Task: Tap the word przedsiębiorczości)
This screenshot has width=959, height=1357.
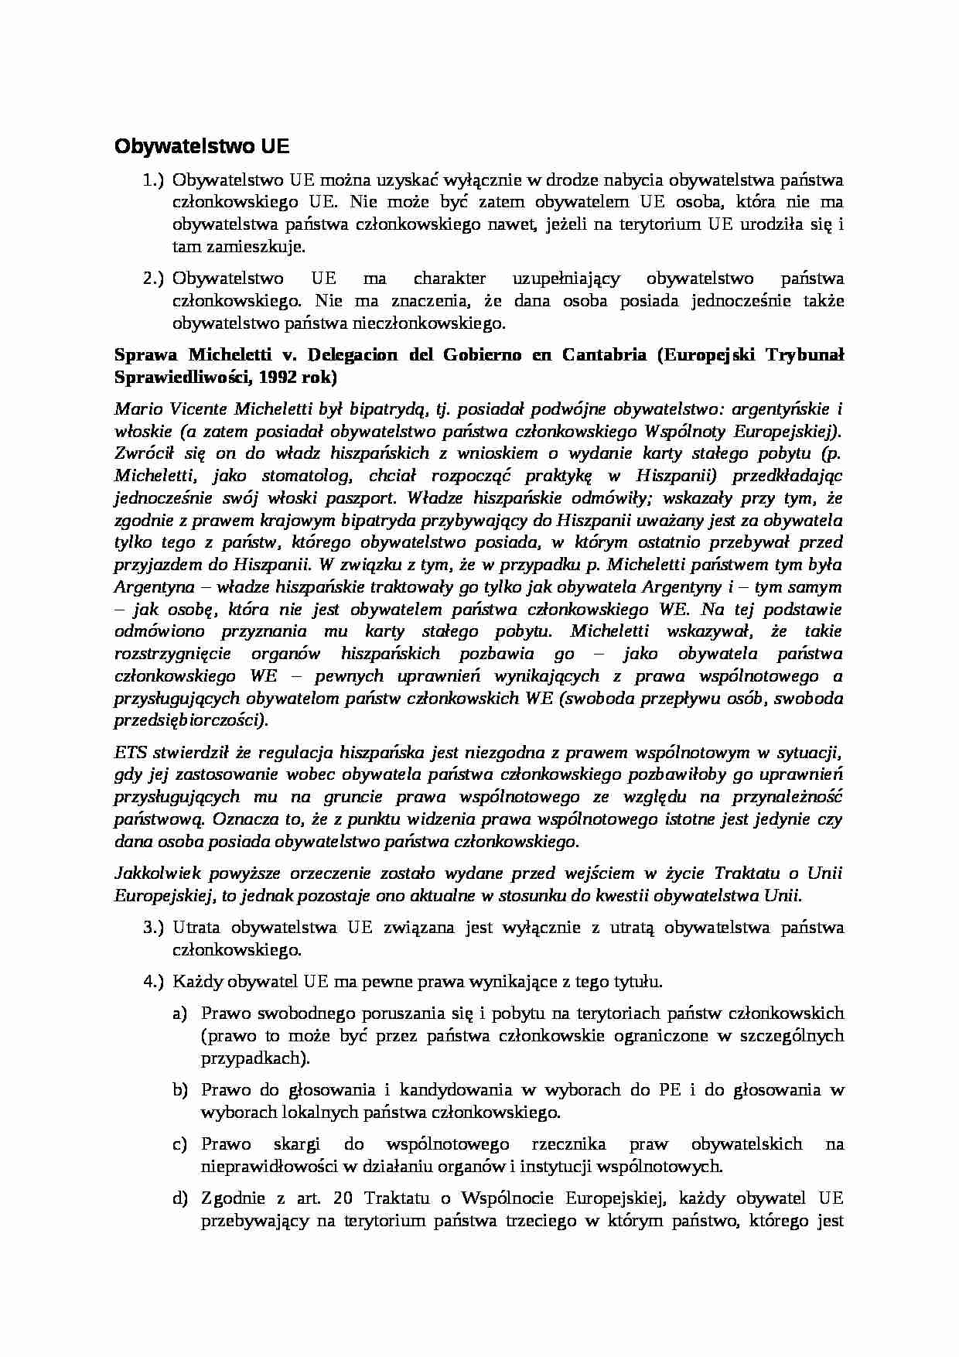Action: pos(192,720)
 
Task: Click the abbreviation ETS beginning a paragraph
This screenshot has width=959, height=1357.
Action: pos(130,752)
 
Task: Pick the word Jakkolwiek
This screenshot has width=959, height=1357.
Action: pos(158,873)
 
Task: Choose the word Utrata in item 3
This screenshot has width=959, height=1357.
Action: pos(196,928)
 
